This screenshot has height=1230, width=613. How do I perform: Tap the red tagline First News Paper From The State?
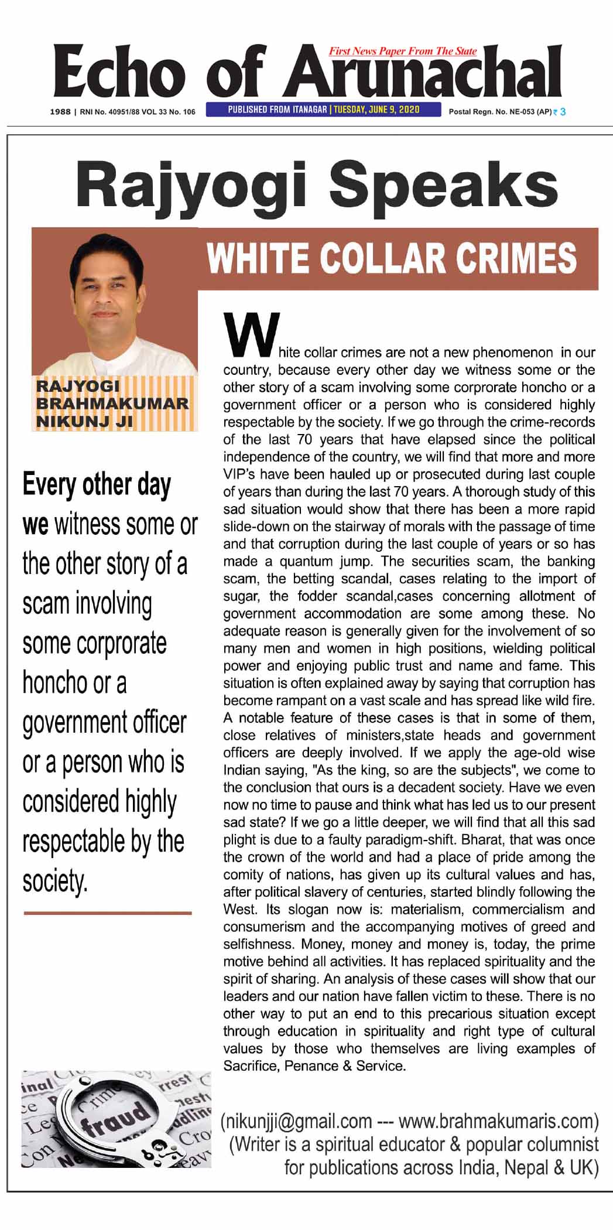tap(403, 52)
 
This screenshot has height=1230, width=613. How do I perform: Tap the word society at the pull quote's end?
tap(54, 880)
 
